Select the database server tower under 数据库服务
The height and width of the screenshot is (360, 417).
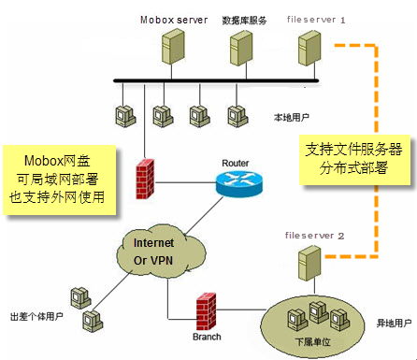pyautogui.click(x=241, y=52)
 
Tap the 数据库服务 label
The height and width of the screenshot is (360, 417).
pyautogui.click(x=244, y=19)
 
